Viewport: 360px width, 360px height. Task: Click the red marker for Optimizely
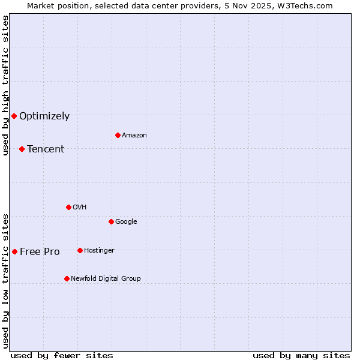click(x=14, y=116)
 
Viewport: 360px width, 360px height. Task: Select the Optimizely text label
click(x=44, y=116)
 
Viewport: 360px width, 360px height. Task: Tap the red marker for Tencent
click(x=22, y=149)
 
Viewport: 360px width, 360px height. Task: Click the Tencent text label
click(x=46, y=149)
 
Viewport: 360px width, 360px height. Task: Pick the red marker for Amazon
click(x=118, y=135)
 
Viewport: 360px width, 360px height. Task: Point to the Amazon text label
click(x=134, y=136)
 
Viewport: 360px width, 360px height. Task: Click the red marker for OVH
click(x=68, y=207)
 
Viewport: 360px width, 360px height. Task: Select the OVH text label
click(x=80, y=208)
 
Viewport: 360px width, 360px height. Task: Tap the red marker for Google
click(x=111, y=221)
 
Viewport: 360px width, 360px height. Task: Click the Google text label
click(x=126, y=222)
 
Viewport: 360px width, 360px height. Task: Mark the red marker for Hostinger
click(x=80, y=250)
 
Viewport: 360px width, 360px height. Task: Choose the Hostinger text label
click(x=99, y=251)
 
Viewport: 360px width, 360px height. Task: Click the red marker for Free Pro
click(x=14, y=251)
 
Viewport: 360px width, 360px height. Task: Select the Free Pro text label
click(x=40, y=252)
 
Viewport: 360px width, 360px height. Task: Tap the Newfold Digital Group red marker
click(x=67, y=278)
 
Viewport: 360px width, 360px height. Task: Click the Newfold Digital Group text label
click(x=106, y=279)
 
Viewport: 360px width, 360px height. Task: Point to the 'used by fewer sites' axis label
click(x=62, y=355)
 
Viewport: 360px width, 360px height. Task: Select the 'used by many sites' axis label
click(x=301, y=355)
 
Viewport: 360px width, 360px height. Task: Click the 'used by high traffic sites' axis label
click(x=6, y=85)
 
